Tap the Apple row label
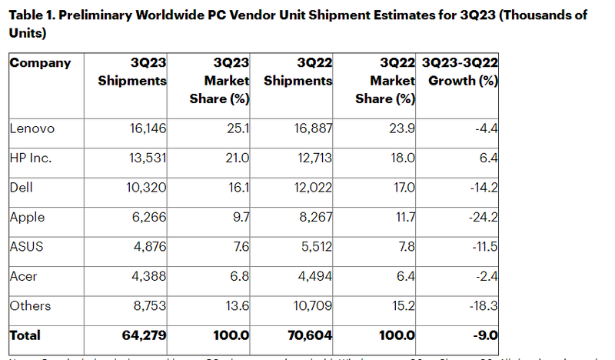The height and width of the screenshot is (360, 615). point(27,217)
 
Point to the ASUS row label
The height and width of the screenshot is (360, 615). point(26,246)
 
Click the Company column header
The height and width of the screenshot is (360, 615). point(40,63)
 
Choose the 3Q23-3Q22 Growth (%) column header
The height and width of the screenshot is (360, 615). point(461,72)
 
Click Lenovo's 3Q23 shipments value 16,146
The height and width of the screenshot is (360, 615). point(145,128)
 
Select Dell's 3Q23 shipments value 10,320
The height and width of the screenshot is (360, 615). point(145,188)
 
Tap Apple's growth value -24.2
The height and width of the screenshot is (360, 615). point(483,217)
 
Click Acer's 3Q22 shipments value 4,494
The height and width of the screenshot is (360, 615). point(313,276)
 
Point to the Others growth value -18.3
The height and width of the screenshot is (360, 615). point(483,305)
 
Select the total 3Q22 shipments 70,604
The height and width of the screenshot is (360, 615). point(308,335)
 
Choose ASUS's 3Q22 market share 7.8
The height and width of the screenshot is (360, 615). point(405,246)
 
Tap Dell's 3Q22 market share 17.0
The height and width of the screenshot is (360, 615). point(404,188)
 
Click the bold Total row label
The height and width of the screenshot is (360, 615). point(25,335)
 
